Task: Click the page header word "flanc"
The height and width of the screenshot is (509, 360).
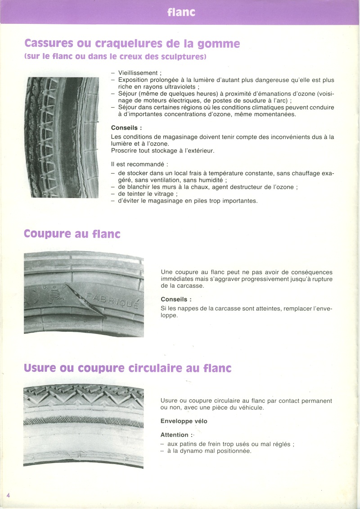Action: click(181, 12)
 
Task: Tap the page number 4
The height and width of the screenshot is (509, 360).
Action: click(8, 495)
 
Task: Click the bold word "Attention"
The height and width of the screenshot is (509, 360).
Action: click(174, 435)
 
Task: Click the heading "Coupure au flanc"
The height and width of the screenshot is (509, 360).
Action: click(72, 234)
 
